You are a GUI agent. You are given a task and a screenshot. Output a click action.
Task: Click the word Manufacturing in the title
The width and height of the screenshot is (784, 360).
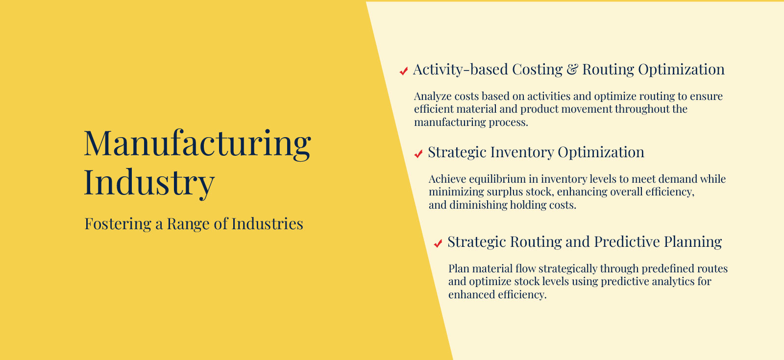click(197, 144)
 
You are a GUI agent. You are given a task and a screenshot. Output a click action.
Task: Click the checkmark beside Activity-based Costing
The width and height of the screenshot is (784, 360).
click(404, 71)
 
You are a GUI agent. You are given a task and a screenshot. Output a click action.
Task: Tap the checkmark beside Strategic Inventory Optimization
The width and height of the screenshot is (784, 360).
click(418, 154)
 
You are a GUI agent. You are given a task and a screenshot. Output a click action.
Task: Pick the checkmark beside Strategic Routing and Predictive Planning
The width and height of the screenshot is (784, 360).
click(438, 243)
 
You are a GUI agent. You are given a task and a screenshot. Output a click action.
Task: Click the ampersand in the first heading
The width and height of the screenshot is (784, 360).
click(572, 69)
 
